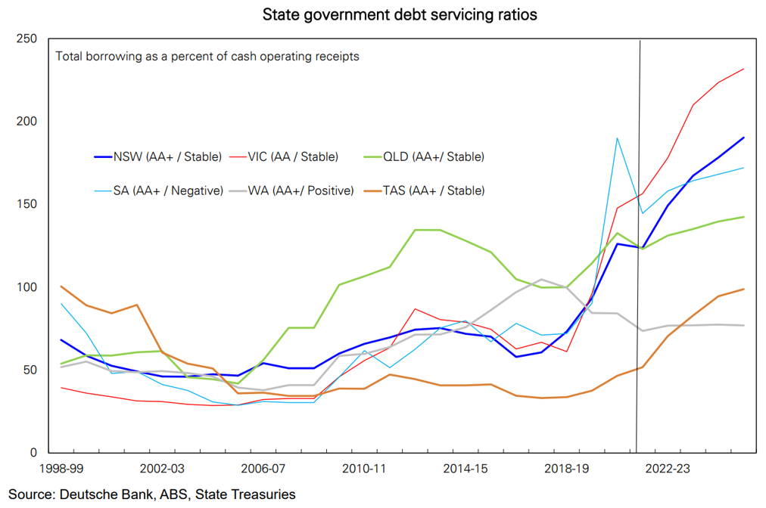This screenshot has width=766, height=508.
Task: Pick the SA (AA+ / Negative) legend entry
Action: point(167,190)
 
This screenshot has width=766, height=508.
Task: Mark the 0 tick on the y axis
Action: point(33,453)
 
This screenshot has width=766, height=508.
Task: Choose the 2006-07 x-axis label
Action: point(264,469)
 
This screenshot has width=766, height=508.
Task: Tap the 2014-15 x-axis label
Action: point(466,469)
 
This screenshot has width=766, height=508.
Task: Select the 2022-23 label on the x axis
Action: point(668,469)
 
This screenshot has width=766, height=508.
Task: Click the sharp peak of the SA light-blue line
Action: point(618,138)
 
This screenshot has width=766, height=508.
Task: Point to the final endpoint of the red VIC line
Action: point(744,69)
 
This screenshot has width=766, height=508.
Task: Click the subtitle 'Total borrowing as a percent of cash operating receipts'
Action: point(207,56)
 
